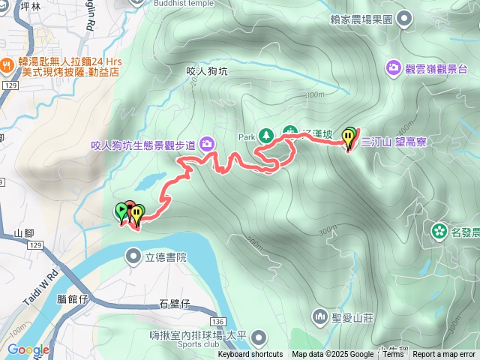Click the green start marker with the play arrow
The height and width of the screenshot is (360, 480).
coord(121,211)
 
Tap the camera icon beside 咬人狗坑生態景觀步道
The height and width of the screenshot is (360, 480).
coord(205,144)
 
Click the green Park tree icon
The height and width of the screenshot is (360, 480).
coord(265,136)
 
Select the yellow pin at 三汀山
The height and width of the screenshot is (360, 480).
coord(349,137)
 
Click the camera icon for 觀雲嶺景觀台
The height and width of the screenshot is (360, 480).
coord(394,69)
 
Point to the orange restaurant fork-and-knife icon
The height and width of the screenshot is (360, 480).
coord(7,65)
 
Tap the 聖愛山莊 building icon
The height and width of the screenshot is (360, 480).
coord(320,317)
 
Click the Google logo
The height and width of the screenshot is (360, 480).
coord(28,349)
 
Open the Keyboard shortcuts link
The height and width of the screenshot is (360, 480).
coord(250,355)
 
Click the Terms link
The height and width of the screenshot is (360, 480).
coord(393,355)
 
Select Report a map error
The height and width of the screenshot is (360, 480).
coord(444,355)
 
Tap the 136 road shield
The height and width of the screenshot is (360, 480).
coord(217,319)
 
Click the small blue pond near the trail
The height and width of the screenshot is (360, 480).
coord(152,181)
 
